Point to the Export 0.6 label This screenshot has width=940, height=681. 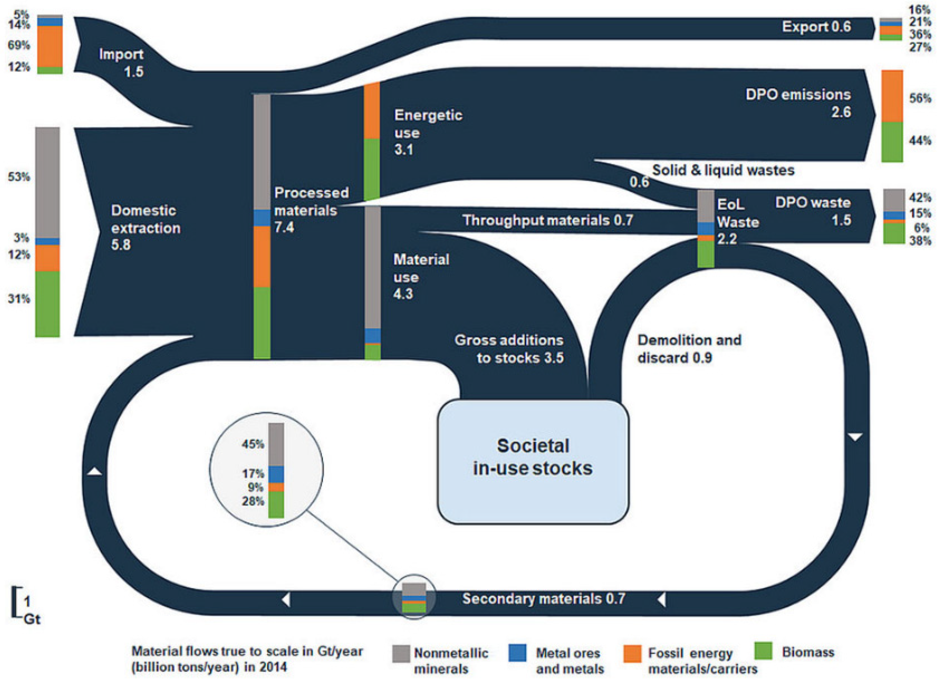[x=816, y=27]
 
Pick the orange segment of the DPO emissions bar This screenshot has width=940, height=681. [x=892, y=96]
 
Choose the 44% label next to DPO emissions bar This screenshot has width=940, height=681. [x=920, y=141]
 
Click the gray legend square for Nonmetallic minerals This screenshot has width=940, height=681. [x=401, y=654]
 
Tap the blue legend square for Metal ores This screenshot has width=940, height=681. [x=517, y=653]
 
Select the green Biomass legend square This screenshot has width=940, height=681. [x=763, y=651]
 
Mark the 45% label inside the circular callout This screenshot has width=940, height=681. [x=253, y=444]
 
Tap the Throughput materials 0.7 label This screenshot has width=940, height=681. [x=548, y=220]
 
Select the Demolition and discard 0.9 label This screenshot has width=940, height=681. [x=689, y=348]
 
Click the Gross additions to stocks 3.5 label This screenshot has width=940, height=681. [x=509, y=348]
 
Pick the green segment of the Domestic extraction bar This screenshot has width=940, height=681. [x=47, y=304]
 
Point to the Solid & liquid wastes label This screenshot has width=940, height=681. [x=723, y=170]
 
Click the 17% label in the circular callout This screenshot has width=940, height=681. [x=253, y=473]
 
